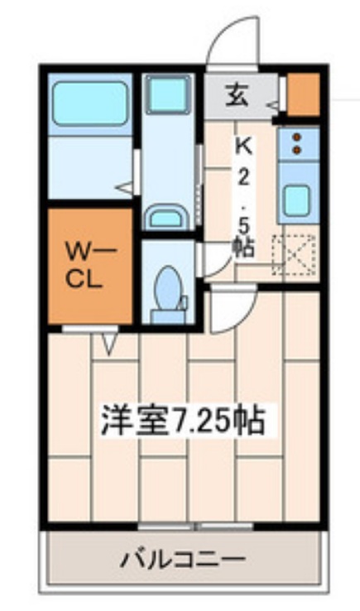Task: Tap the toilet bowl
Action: pos(169,289)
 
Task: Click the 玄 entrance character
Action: pos(237,94)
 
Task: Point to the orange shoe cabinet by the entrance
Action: pos(303,94)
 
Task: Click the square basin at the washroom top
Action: pos(168,96)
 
